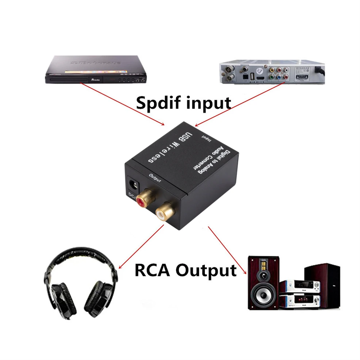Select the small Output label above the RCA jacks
click(x=155, y=177)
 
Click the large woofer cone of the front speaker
click(x=262, y=295)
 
